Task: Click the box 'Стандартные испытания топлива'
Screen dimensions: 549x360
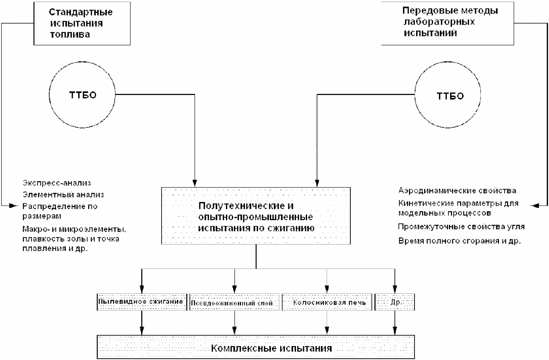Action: [x=82, y=23]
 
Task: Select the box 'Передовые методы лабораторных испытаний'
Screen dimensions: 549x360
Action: [x=448, y=23]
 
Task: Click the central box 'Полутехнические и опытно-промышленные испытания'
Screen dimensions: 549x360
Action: [x=256, y=216]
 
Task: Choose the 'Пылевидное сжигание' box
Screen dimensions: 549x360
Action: [x=142, y=302]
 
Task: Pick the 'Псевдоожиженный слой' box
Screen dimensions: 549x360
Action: [x=234, y=302]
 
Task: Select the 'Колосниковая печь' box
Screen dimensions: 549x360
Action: [x=327, y=302]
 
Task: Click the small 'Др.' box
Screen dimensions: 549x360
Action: [x=395, y=302]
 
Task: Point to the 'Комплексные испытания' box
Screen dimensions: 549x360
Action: [x=256, y=347]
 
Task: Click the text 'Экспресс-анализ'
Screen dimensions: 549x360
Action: [x=57, y=183]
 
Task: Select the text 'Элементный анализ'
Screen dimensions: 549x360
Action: [x=63, y=195]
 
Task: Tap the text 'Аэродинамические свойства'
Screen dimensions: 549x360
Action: [x=457, y=191]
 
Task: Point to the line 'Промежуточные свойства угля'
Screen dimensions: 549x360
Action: [x=461, y=227]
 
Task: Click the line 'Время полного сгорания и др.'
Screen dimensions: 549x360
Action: [x=459, y=241]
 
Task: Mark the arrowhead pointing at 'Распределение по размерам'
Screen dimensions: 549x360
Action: [x=14, y=206]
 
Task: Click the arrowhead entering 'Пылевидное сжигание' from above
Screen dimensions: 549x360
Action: [x=142, y=289]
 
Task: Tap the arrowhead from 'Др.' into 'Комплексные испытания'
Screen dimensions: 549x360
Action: [x=395, y=331]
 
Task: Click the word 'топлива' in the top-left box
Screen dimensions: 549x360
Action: [x=70, y=35]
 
